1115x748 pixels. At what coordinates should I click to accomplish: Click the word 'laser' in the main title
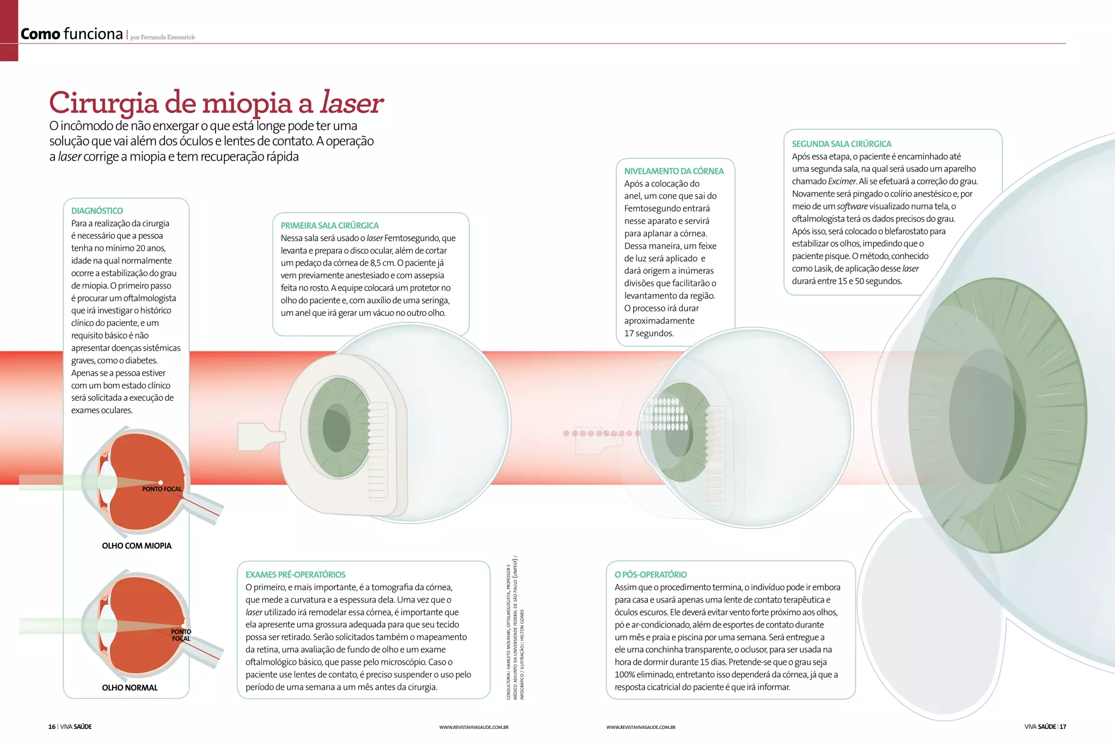pos(351,102)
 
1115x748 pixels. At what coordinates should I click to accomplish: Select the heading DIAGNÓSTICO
pos(97,211)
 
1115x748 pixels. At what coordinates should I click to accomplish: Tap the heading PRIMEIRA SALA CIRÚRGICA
pos(329,225)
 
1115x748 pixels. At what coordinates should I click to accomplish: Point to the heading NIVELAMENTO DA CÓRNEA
pos(673,171)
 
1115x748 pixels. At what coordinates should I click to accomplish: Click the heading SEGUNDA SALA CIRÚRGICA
pos(841,144)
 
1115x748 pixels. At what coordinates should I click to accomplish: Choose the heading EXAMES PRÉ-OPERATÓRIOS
pos(295,574)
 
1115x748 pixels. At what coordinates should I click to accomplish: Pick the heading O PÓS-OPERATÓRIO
pos(650,574)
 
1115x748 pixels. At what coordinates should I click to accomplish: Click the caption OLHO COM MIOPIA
pos(137,545)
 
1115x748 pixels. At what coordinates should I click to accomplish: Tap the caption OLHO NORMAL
pos(130,688)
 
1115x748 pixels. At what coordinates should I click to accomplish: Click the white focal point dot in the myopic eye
pos(161,482)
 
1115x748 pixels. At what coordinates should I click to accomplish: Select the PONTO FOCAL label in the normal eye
pos(181,635)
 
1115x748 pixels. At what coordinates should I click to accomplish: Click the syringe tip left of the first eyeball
pos(260,437)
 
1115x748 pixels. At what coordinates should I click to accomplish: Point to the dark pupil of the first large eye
pos(336,427)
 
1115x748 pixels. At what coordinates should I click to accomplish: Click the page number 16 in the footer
pos(52,727)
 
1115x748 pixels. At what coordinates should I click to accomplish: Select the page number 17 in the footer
pos(1063,727)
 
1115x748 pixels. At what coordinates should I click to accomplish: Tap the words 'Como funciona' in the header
pos(71,34)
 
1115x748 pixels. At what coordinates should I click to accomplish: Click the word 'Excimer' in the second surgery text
pos(842,181)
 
